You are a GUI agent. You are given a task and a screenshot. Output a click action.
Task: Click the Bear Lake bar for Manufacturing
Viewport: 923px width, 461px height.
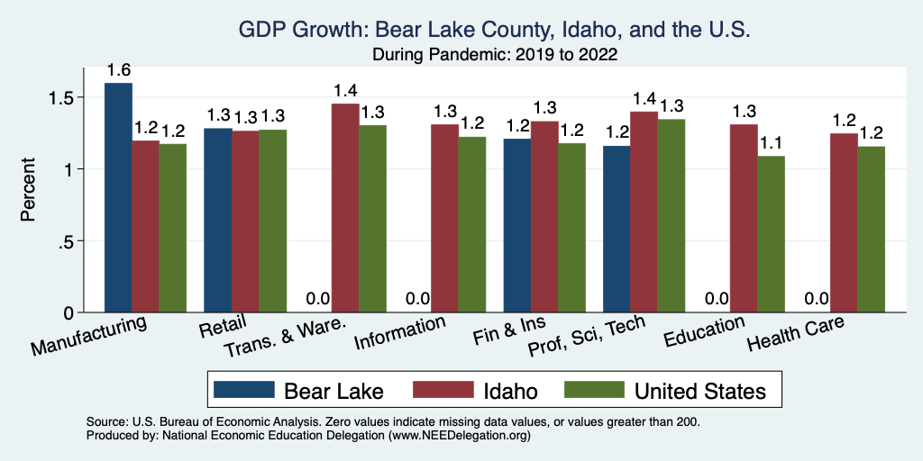pyautogui.click(x=118, y=198)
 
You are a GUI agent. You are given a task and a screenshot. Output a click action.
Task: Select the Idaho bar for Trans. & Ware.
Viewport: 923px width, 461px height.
pyautogui.click(x=345, y=208)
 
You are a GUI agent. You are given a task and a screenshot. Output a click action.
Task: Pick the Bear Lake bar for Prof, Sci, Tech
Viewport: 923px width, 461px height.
pyautogui.click(x=617, y=229)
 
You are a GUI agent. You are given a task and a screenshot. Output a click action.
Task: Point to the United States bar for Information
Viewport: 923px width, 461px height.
pyautogui.click(x=472, y=224)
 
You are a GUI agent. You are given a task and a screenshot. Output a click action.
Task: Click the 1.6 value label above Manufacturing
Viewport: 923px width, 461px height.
pyautogui.click(x=118, y=70)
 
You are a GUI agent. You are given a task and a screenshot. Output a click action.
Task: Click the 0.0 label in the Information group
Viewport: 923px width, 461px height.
pyautogui.click(x=417, y=299)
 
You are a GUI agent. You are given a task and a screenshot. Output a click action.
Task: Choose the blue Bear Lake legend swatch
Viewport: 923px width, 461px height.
pyautogui.click(x=243, y=391)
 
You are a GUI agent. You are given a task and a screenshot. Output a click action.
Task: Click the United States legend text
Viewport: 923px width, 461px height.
pyautogui.click(x=700, y=391)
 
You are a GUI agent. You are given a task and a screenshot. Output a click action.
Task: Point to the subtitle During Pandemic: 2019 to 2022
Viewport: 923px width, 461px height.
pyautogui.click(x=495, y=55)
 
